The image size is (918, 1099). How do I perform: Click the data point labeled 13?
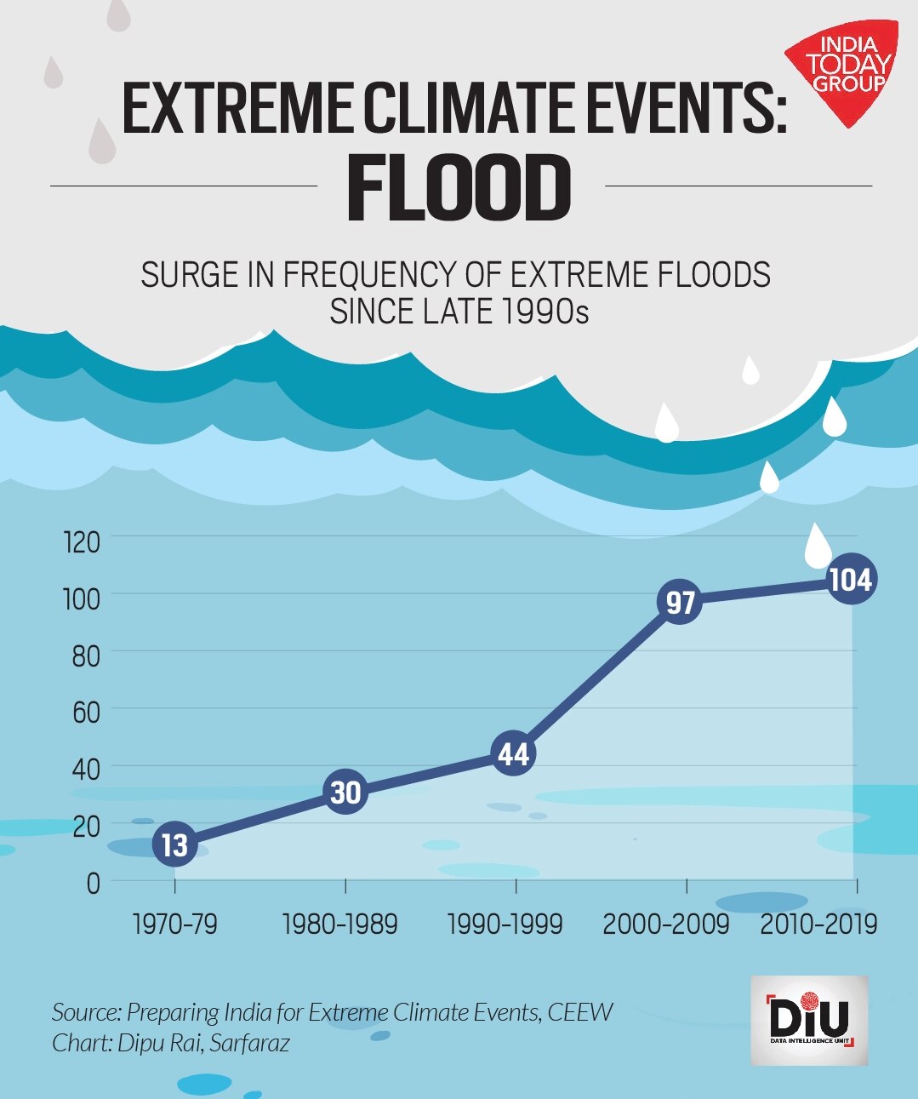pyautogui.click(x=174, y=844)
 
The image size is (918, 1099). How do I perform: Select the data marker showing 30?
pyautogui.click(x=345, y=792)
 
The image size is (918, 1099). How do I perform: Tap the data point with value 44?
pyautogui.click(x=513, y=753)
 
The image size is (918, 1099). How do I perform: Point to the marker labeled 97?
pyautogui.click(x=680, y=602)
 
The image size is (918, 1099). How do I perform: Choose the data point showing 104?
pyautogui.click(x=851, y=580)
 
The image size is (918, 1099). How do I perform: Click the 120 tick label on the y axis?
pyautogui.click(x=83, y=541)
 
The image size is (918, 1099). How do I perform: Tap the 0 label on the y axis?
pyautogui.click(x=93, y=884)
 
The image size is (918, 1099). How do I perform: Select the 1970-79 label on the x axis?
pyautogui.click(x=175, y=924)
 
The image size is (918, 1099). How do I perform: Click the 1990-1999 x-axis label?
pyautogui.click(x=505, y=924)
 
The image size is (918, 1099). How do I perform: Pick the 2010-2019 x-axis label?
pyautogui.click(x=818, y=924)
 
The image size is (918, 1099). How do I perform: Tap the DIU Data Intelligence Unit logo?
pyautogui.click(x=809, y=1021)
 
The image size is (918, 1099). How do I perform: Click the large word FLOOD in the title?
pyautogui.click(x=459, y=189)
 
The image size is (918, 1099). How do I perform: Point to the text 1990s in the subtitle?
pyautogui.click(x=545, y=312)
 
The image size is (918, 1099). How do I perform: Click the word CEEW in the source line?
pyautogui.click(x=580, y=1012)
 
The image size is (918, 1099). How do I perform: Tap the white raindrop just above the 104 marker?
pyautogui.click(x=818, y=546)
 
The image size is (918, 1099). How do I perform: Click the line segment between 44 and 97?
pyautogui.click(x=596, y=678)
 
